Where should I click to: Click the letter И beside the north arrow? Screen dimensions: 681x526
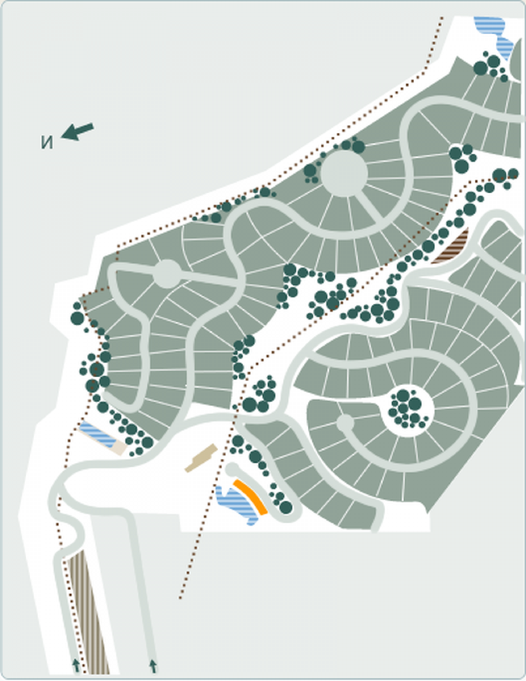pos(47,142)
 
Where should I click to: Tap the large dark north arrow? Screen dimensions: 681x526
pos(78,131)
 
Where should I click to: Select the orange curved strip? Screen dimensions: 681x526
pos(250,497)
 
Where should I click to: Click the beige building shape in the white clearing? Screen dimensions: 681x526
pos(201,458)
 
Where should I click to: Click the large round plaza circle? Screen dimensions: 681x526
pos(344,174)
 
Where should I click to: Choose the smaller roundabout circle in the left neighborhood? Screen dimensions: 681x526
pos(167,274)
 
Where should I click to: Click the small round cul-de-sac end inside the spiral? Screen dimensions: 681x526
pos(345,422)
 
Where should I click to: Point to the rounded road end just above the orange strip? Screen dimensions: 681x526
pos(232,468)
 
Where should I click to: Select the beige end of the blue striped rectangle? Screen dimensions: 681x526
pos(118,448)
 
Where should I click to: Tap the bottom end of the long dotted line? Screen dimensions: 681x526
pos(180,598)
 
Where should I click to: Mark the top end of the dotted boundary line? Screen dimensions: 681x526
pos(442,18)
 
